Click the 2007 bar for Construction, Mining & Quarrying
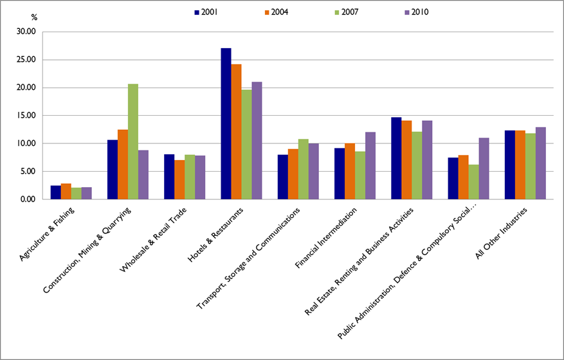point(132,141)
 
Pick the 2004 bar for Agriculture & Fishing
point(66,192)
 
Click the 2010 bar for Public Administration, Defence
point(483,168)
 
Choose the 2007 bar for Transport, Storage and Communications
point(303,169)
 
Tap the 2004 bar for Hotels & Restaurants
point(236,132)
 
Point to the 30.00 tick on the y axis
point(30,32)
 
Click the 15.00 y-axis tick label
point(30,116)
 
